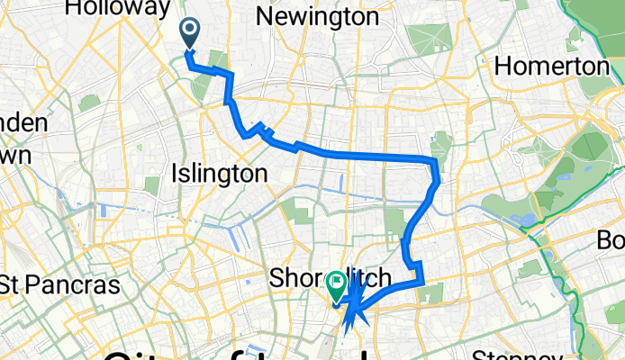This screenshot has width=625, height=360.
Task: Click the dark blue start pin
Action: point(191,33)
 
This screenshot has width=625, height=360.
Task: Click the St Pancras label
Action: point(59,285)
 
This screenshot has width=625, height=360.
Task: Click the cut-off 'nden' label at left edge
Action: point(15,123)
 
